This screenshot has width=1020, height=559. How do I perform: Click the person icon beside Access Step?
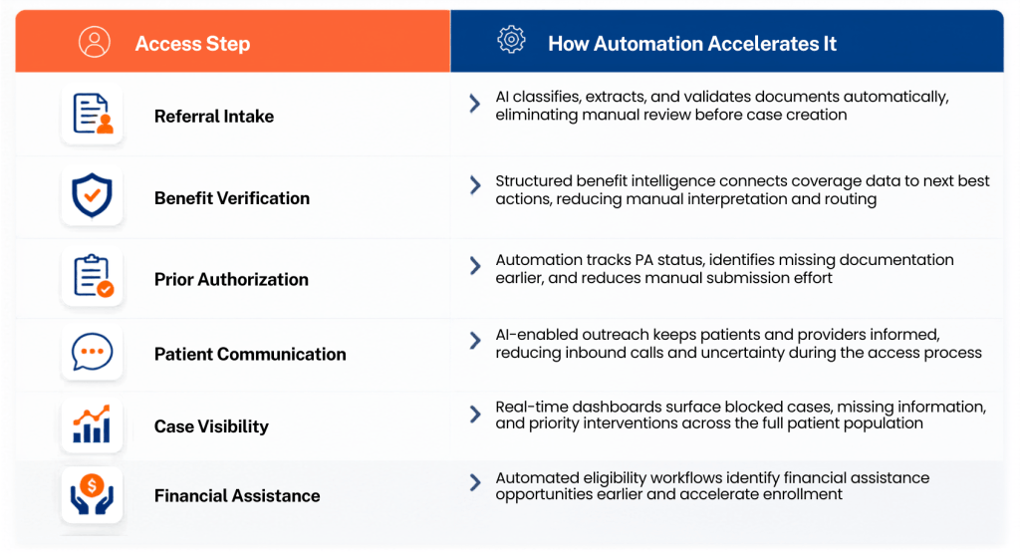point(95,42)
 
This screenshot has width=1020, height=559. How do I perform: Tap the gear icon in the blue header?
point(511,40)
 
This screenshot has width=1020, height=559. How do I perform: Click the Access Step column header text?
point(192,44)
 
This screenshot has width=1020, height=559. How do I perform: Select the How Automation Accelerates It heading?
point(692,44)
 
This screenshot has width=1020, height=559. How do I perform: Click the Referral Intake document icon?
point(93,114)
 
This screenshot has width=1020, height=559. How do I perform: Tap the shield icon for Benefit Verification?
point(92,195)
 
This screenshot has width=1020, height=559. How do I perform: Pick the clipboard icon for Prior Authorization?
point(93,276)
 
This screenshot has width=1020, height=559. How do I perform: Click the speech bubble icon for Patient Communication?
point(92,352)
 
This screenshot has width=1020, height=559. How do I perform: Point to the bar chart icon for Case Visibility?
point(92,423)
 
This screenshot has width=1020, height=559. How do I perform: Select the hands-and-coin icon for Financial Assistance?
point(92,494)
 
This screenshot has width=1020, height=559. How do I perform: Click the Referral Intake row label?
point(214,117)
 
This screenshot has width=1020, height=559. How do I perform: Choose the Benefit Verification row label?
point(231,198)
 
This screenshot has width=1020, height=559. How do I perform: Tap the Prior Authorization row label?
point(231,280)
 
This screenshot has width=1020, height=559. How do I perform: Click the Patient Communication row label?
point(250,354)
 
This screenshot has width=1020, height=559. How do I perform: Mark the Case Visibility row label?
point(211,426)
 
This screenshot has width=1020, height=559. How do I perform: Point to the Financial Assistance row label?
point(237,496)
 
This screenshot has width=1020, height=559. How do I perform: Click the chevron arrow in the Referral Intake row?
point(475,104)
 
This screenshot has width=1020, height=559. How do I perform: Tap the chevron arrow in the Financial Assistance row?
point(475,482)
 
